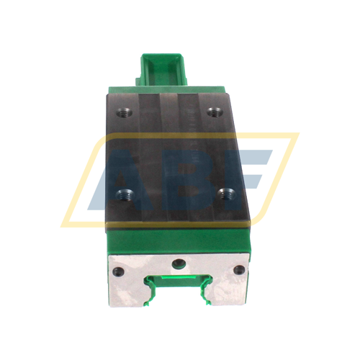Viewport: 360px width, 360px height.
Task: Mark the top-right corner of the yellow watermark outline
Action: (x=297, y=134)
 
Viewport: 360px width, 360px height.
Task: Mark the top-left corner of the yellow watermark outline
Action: (x=94, y=135)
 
